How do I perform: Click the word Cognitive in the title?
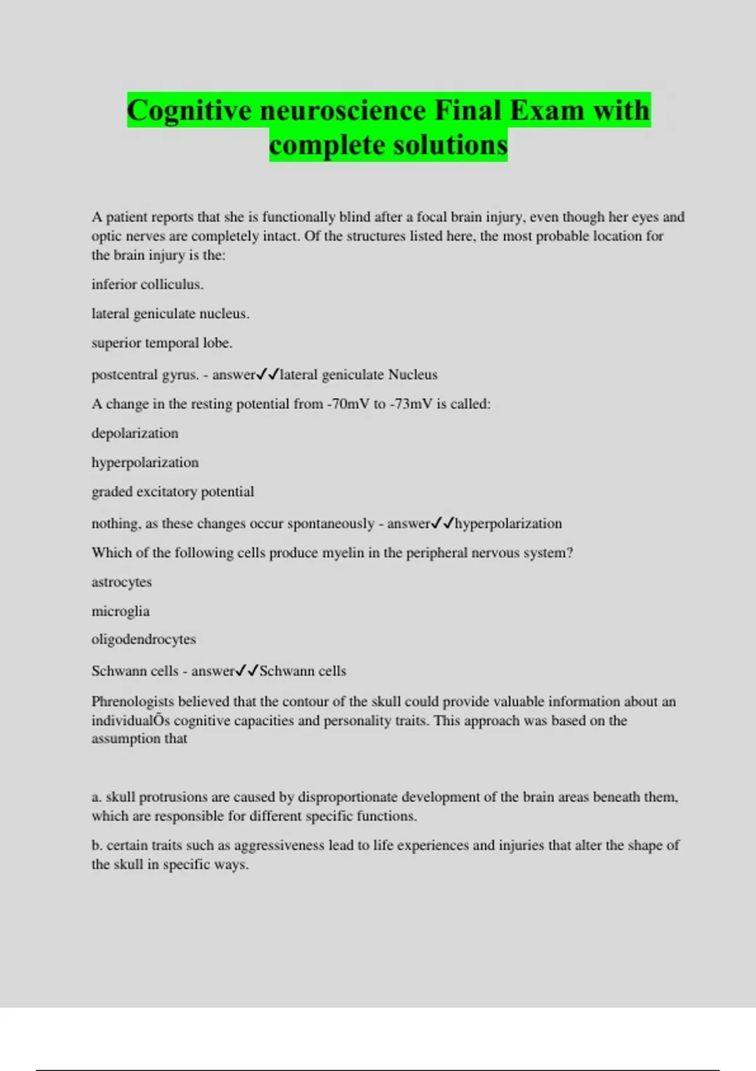190,110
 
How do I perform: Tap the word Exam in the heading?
547,110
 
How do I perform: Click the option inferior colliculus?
147,284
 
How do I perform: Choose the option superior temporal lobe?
162,343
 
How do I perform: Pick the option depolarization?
135,433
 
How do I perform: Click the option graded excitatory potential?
173,491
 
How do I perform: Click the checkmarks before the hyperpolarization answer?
442,523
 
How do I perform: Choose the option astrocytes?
122,582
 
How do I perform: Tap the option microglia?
120,611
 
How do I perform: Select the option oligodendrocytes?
144,639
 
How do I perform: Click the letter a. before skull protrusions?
96,797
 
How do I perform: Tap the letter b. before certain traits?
97,845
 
